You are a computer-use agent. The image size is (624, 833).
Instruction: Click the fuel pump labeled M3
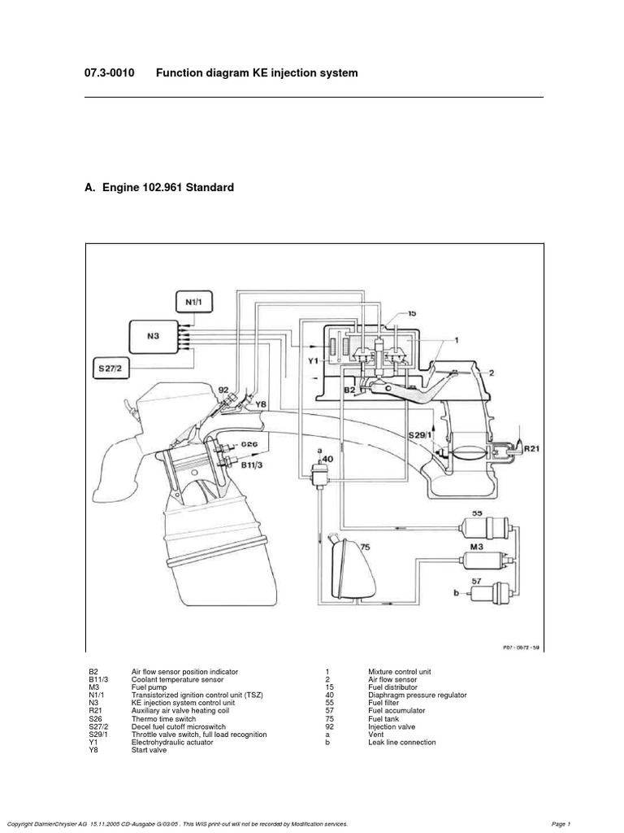click(485, 560)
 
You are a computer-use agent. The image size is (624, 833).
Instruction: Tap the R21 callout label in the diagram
click(530, 447)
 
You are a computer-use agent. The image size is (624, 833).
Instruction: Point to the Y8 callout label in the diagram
click(260, 403)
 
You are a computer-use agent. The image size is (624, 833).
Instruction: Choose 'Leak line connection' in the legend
click(402, 743)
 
